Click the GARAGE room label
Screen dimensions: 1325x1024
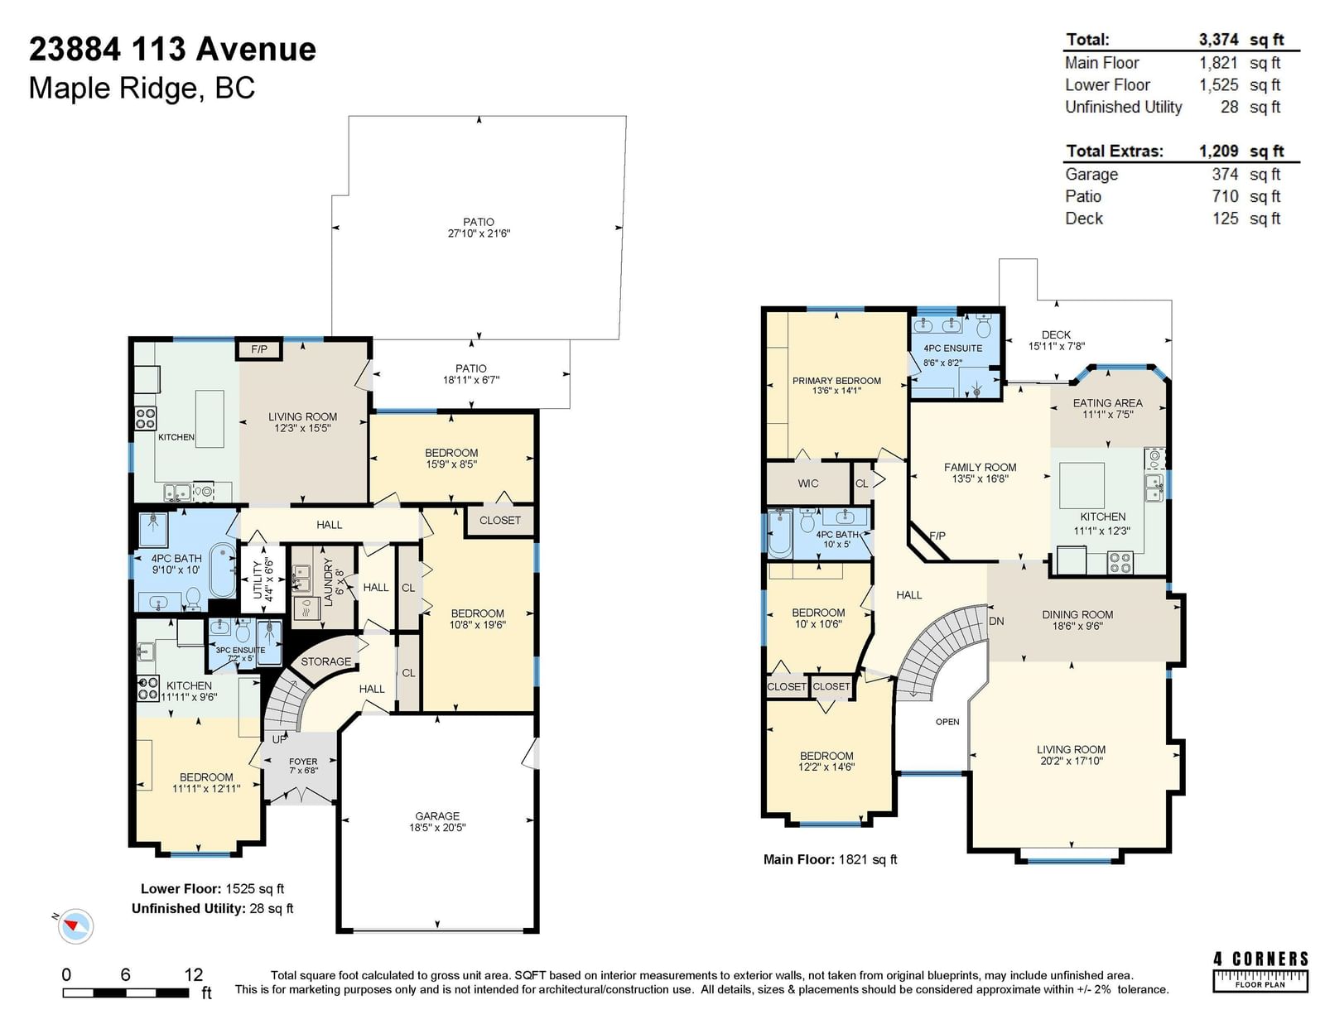pos(437,815)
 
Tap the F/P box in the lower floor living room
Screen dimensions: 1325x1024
pos(259,349)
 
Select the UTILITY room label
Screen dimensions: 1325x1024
pos(258,580)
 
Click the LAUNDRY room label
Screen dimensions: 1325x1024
pos(328,581)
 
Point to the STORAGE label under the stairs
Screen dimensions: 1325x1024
pos(325,661)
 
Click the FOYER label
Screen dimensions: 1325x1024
pos(303,762)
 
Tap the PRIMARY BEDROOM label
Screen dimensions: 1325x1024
pos(836,381)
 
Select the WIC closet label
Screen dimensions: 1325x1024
pos(808,483)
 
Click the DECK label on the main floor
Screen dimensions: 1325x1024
pos(1056,334)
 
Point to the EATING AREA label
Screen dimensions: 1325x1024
pos(1107,403)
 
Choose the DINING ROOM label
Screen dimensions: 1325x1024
pos(1077,614)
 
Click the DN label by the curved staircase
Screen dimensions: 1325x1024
pos(996,621)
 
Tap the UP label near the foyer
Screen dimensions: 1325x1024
pos(279,739)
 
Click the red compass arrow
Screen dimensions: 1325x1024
pos(72,925)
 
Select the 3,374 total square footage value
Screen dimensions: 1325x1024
pos(1218,40)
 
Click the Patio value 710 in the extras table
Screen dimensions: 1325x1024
pos(1225,196)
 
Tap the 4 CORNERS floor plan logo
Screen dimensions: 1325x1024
pos(1260,972)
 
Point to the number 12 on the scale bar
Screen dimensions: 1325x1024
pos(193,974)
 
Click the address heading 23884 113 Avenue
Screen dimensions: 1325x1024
pos(172,49)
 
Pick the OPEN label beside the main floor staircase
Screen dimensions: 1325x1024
pos(947,722)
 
